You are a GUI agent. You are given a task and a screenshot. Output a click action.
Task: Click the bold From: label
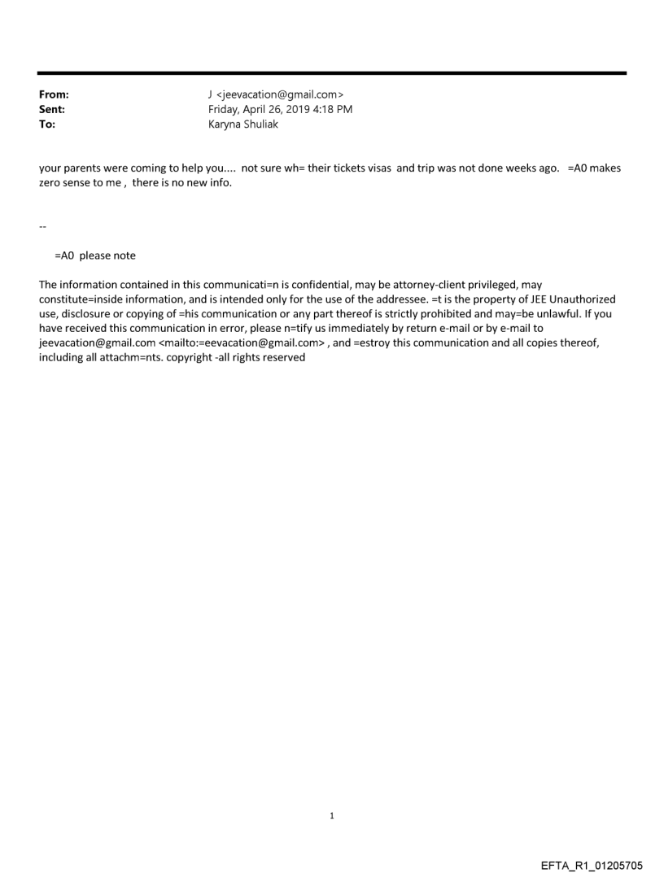[x=54, y=94]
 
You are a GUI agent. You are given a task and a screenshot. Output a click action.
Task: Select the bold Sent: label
[x=52, y=109]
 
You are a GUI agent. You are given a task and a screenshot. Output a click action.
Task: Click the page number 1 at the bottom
[x=332, y=815]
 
